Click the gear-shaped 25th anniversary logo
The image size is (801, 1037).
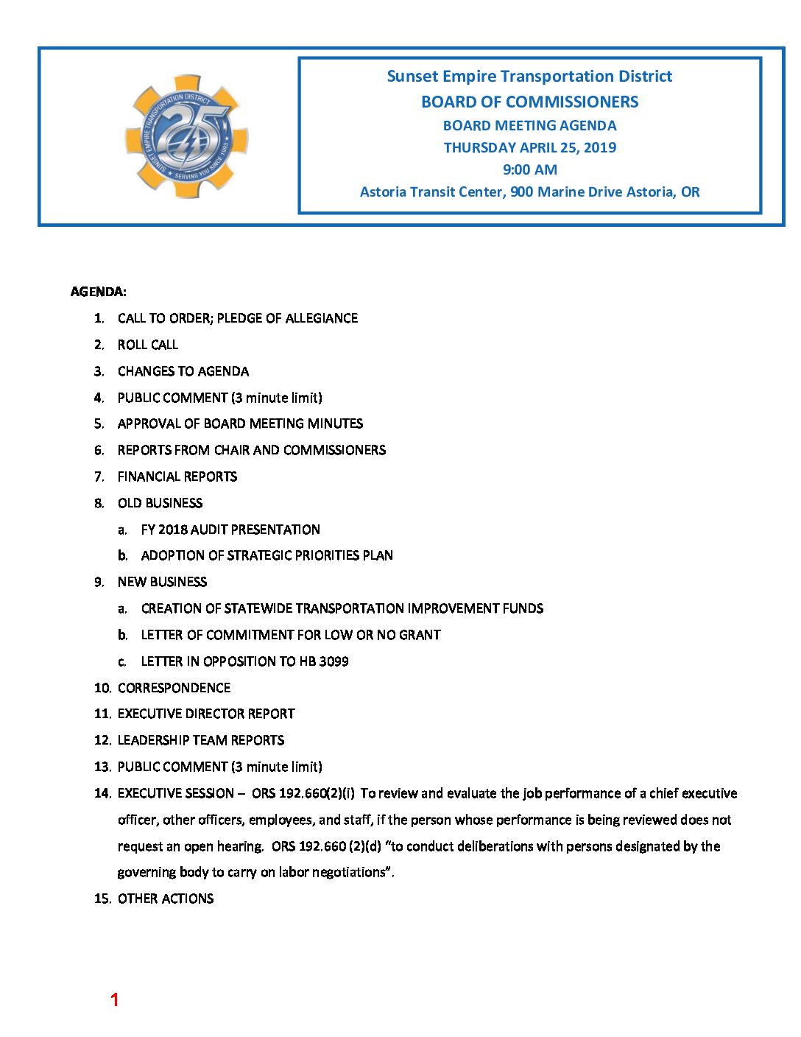tap(186, 137)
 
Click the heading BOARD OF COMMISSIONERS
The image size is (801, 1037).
tap(529, 102)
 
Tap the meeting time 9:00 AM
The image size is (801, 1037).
tap(529, 169)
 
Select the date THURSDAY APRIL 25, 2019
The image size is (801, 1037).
tap(529, 147)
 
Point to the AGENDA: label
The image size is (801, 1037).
tap(98, 292)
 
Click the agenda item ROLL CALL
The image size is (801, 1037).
tap(147, 345)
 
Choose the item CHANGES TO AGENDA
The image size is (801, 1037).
tap(183, 371)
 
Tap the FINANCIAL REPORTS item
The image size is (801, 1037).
tap(177, 477)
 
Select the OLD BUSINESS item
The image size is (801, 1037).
tap(160, 503)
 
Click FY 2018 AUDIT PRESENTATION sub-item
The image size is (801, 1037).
tap(230, 530)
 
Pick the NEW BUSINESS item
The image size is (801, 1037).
tap(162, 582)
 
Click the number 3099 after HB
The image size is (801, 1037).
tap(334, 661)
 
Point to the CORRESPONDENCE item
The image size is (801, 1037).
tap(174, 688)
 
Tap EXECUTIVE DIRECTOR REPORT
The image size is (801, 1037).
tap(206, 714)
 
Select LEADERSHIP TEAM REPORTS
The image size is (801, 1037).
tap(201, 740)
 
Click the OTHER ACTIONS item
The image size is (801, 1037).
tap(166, 899)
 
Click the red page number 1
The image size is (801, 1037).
tap(114, 999)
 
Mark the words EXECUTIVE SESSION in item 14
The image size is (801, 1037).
tap(176, 793)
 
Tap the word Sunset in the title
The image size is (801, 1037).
tap(412, 77)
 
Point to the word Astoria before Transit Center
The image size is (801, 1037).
tap(383, 192)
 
